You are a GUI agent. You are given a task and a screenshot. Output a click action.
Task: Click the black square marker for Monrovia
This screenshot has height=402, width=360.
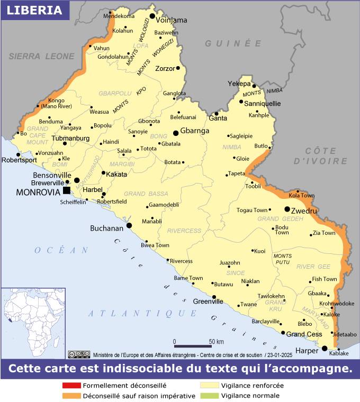pos(66,190)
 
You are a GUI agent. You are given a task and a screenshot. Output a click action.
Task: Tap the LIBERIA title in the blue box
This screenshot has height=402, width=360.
pos(35,10)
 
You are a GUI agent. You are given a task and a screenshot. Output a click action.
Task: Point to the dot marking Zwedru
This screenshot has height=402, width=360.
pos(287,209)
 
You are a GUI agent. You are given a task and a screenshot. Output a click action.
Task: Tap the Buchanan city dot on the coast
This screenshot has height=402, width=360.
pos(129,225)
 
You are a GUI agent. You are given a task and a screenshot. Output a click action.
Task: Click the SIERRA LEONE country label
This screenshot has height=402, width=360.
pos(42,56)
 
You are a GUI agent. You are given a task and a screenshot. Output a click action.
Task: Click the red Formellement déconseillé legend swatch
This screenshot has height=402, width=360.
pos(70,386)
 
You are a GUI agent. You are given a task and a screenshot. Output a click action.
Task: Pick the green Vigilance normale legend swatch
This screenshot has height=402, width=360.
pos(209,395)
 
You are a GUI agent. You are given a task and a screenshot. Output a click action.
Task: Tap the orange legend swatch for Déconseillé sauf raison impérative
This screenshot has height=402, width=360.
pos(70,395)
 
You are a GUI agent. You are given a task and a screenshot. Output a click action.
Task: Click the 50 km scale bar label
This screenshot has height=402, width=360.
pos(217,341)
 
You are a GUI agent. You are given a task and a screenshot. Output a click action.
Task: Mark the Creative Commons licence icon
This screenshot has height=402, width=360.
pos(79,354)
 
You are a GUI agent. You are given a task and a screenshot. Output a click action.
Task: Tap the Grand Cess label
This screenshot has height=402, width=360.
pos(304,334)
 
